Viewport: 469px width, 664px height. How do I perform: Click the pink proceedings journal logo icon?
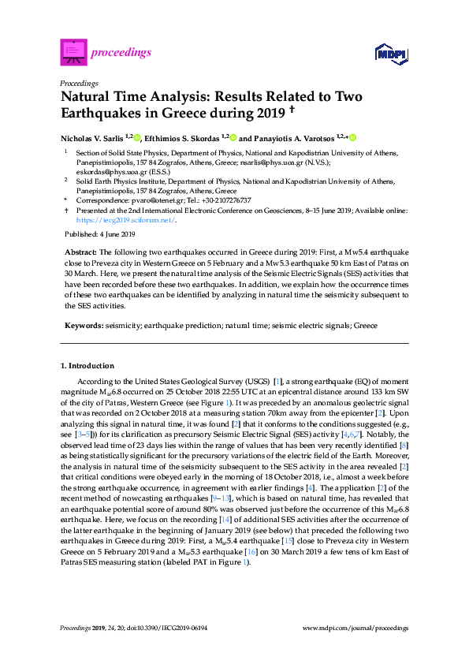click(73, 52)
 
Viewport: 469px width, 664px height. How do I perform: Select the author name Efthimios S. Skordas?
click(182, 137)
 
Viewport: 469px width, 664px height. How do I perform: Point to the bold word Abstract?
click(80, 250)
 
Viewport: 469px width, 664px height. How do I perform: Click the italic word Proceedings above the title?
click(79, 82)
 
